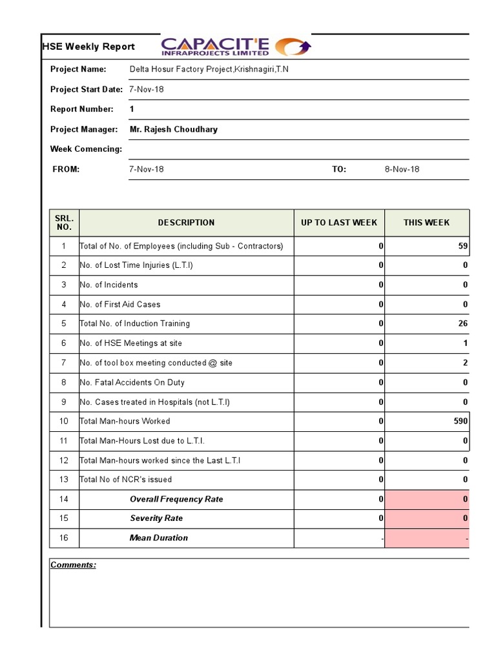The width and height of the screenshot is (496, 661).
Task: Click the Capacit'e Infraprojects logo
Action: [236, 47]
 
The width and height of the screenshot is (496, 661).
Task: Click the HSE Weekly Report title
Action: [88, 46]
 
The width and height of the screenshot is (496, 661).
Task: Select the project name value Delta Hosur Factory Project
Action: [209, 69]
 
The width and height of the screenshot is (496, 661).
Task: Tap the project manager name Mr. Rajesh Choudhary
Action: [174, 129]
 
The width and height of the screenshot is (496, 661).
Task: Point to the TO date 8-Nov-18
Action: [402, 169]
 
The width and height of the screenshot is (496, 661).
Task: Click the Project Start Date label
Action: [87, 89]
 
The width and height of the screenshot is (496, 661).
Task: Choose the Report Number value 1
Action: [132, 109]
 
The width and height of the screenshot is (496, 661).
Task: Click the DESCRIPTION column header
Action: [186, 223]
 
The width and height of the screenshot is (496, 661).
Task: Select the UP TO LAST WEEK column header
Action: [339, 223]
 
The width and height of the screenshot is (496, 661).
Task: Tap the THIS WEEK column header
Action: [426, 223]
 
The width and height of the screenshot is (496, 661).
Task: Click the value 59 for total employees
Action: [462, 246]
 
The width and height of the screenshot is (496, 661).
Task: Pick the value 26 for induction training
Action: [462, 323]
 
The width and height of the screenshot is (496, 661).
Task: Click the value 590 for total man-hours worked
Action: [460, 421]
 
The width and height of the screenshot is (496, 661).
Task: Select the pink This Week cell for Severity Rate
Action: [427, 518]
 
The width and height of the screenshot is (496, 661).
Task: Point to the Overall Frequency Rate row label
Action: [176, 499]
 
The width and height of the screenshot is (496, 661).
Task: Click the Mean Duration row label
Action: [159, 538]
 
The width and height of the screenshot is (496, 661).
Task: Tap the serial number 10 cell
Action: [64, 421]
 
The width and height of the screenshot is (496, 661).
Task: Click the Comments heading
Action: [73, 565]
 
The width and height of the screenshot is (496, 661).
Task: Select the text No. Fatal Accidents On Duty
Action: [132, 382]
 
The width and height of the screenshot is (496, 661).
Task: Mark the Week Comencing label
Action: [86, 149]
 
